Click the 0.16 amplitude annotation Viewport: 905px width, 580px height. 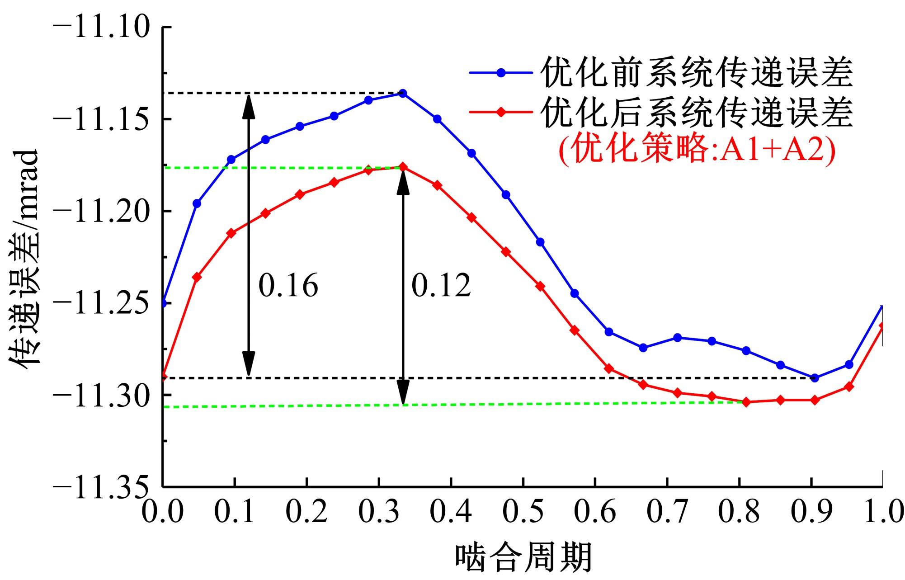(x=288, y=286)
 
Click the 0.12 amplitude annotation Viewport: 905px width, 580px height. (x=441, y=286)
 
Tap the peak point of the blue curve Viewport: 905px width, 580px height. (x=403, y=93)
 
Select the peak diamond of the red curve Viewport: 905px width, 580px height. (x=403, y=167)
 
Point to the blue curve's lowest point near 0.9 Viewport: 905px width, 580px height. (x=815, y=378)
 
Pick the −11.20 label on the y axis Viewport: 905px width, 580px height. (x=101, y=211)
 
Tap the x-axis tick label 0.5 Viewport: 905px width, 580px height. (x=523, y=512)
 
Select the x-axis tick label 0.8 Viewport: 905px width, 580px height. (x=739, y=512)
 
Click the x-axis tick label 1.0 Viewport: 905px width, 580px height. (x=881, y=512)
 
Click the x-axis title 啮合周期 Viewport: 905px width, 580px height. (x=523, y=557)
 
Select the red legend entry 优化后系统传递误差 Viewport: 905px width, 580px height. (x=696, y=113)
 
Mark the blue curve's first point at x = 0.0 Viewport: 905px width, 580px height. (x=164, y=303)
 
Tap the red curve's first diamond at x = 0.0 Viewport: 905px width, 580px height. (x=164, y=376)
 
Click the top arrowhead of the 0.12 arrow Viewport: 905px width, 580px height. (x=403, y=181)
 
